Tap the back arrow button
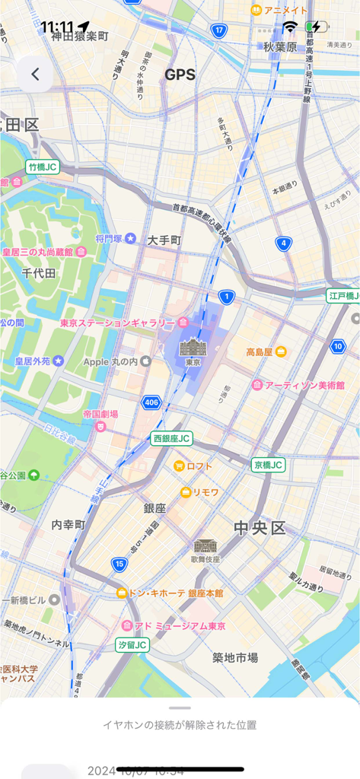coord(35,75)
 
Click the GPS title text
coord(180,75)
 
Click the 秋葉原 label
coord(279,47)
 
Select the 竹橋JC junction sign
coord(42,167)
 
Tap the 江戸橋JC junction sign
coord(342,295)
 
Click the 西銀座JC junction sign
coord(172,438)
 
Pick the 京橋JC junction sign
coord(268,464)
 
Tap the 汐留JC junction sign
coord(132,644)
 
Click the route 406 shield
coord(151,402)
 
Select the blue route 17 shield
coord(219,30)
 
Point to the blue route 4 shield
coord(284,244)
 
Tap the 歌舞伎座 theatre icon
coord(205,546)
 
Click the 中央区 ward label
coord(259,527)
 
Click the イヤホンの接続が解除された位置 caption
coord(180,725)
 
